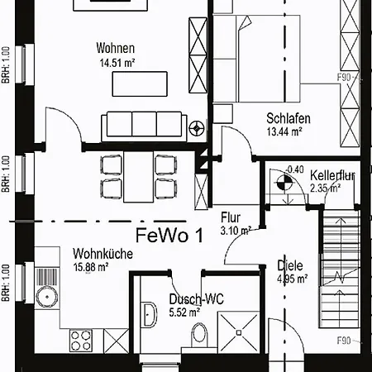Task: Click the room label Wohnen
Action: pyautogui.click(x=116, y=48)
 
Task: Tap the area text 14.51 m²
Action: pyautogui.click(x=117, y=63)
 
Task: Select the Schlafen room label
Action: pyautogui.click(x=289, y=118)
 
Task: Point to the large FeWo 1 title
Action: pyautogui.click(x=169, y=235)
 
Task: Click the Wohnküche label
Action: pyautogui.click(x=103, y=254)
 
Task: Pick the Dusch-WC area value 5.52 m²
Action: pyautogui.click(x=184, y=312)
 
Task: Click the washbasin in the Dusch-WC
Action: pyautogui.click(x=149, y=314)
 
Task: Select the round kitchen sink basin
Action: pyautogui.click(x=47, y=297)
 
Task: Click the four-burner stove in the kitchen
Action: pyautogui.click(x=81, y=341)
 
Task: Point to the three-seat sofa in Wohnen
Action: pyautogui.click(x=144, y=126)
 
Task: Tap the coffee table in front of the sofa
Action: pyautogui.click(x=140, y=84)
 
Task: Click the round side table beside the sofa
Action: pyautogui.click(x=197, y=128)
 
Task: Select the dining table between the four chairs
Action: pyautogui.click(x=138, y=177)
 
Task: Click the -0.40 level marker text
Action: pyautogui.click(x=295, y=169)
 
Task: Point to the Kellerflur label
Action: pyautogui.click(x=332, y=175)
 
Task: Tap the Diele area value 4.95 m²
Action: pyautogui.click(x=292, y=279)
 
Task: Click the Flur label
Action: pyautogui.click(x=231, y=217)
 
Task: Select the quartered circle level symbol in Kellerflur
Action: pyautogui.click(x=284, y=182)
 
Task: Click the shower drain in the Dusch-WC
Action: pyautogui.click(x=239, y=332)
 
